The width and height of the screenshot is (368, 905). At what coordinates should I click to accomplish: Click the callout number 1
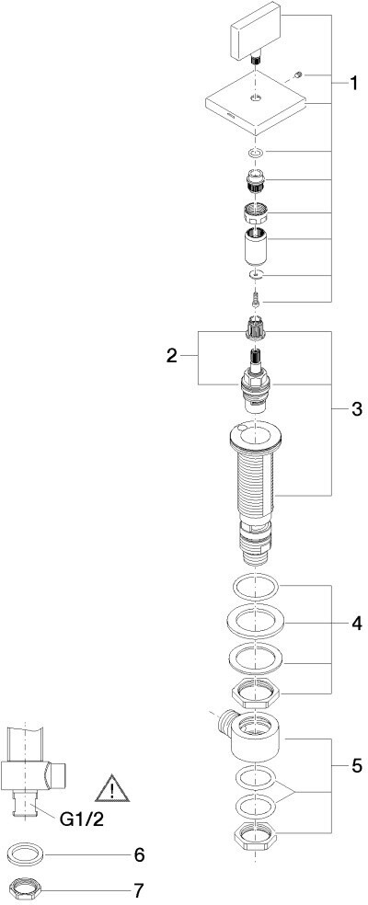point(352,85)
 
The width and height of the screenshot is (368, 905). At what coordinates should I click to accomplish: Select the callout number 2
point(171,356)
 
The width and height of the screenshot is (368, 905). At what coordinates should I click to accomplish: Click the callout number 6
point(139,854)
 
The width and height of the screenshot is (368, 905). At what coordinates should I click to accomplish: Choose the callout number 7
point(139,890)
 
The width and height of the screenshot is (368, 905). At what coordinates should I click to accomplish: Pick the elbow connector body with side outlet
point(253,736)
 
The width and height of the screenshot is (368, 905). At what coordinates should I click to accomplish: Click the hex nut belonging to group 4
point(255,692)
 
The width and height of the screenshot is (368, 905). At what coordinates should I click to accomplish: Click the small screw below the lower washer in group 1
point(256,300)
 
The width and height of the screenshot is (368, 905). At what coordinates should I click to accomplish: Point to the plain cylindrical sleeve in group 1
point(255,245)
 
